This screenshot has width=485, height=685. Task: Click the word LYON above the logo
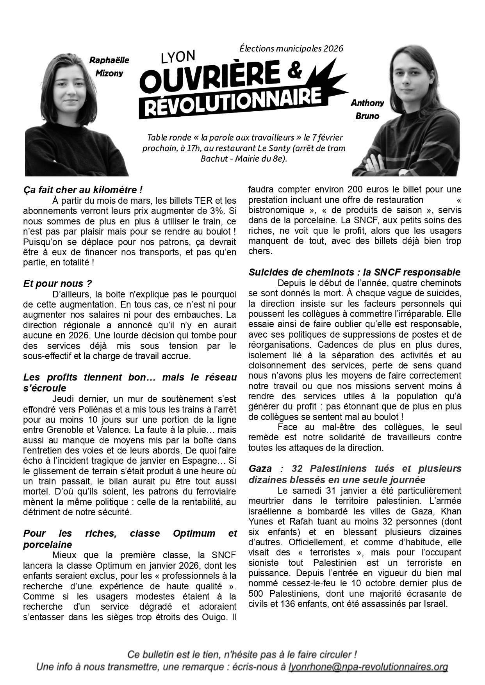[178, 57]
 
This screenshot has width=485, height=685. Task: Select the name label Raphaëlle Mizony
[109, 67]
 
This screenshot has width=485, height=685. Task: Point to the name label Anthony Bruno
[367, 109]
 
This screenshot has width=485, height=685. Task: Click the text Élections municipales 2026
[291, 48]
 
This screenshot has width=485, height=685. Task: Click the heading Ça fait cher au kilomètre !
[83, 190]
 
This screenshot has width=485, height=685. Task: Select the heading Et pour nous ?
[57, 283]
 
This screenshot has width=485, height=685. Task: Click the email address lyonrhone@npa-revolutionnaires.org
[368, 667]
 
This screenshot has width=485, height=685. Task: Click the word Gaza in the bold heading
[260, 468]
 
